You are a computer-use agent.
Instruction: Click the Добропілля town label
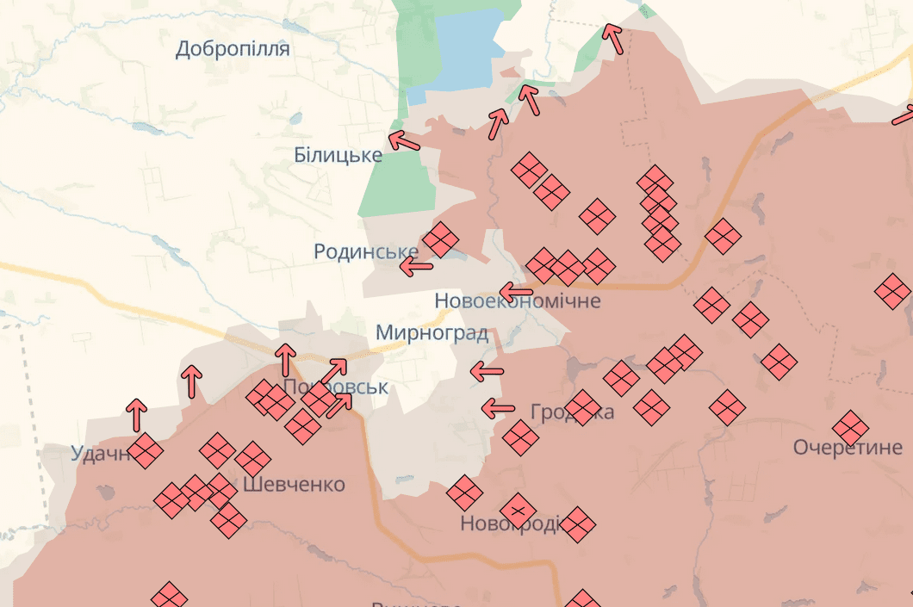(233, 48)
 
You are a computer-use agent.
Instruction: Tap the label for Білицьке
(338, 155)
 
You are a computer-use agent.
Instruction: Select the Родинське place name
(366, 251)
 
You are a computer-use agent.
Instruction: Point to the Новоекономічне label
(517, 301)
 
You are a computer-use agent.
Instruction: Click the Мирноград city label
(432, 333)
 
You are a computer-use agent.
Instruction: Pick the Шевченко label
(294, 485)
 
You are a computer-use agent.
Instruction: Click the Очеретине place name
(848, 448)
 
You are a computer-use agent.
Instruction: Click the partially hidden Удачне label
(99, 453)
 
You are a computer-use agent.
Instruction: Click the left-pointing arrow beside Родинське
(418, 266)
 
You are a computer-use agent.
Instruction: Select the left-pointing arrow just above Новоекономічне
(517, 290)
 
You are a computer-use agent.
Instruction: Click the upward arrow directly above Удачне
(136, 415)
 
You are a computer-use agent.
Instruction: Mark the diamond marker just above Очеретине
(850, 427)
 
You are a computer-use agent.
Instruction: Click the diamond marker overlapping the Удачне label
(146, 450)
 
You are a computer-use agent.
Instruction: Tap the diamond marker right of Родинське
(440, 240)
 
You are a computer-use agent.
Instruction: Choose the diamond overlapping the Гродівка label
(583, 408)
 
